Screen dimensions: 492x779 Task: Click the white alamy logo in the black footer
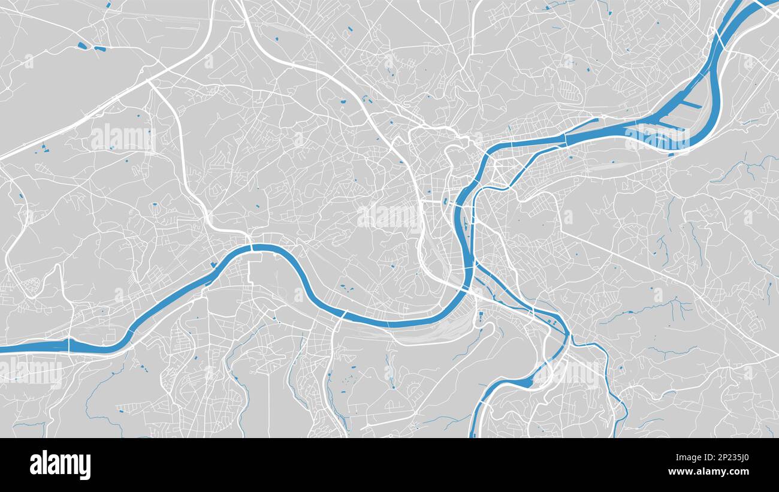(x=61, y=465)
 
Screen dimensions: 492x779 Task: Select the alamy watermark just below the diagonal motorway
(x=123, y=138)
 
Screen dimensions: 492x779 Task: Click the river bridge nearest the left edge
(x=69, y=346)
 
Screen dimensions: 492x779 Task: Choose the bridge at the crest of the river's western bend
(x=252, y=247)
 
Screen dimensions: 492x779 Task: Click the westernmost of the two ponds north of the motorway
(x=82, y=45)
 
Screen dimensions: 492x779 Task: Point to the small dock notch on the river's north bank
(x=214, y=264)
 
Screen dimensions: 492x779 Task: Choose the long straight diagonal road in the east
(x=659, y=270)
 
